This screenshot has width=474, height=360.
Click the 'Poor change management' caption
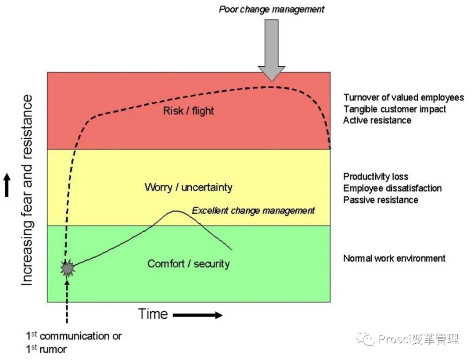click(272, 9)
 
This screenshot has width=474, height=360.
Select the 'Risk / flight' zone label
click(188, 110)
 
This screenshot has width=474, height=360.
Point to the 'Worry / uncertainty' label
click(188, 187)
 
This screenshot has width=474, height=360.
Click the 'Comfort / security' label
click(188, 263)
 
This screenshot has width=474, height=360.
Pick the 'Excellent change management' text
click(253, 211)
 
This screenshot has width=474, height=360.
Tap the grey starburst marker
click(68, 268)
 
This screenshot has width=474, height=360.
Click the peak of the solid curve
click(176, 211)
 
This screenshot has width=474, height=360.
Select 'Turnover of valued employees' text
click(403, 97)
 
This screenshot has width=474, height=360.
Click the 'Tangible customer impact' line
click(394, 109)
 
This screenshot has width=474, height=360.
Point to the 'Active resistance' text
click(377, 120)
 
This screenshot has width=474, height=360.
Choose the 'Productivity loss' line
click(376, 177)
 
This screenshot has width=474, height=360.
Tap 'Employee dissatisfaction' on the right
click(392, 188)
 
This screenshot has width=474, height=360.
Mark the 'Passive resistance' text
click(381, 200)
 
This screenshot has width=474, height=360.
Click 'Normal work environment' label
click(394, 258)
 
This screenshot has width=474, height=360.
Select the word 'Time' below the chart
click(153, 314)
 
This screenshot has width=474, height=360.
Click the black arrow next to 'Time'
click(197, 315)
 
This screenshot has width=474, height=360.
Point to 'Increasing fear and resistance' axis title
click(27, 190)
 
